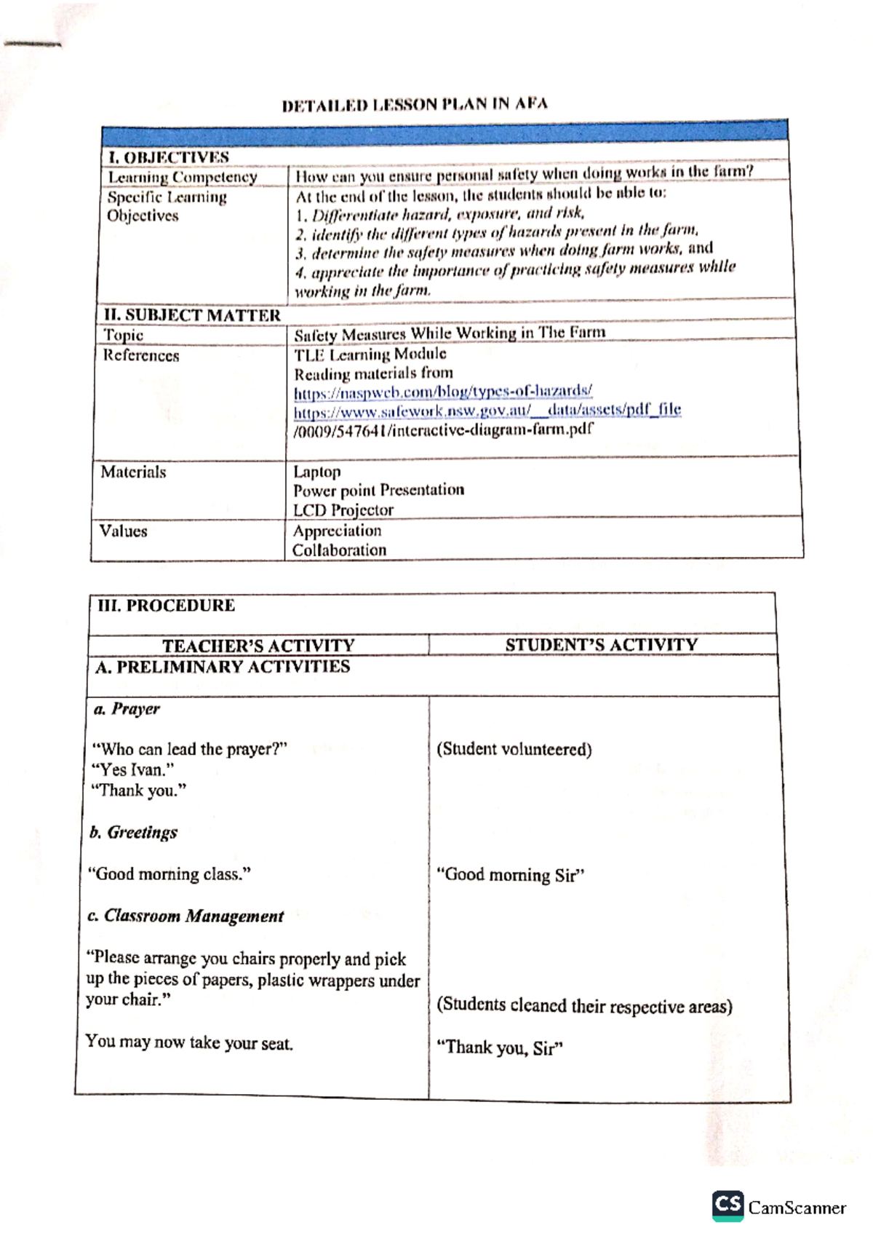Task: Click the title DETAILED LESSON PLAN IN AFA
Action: click(415, 104)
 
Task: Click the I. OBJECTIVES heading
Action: click(168, 157)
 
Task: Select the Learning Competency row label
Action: click(183, 177)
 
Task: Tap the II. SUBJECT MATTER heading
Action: click(192, 315)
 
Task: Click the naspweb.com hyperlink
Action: click(443, 392)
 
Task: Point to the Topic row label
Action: click(124, 335)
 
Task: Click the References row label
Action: click(141, 355)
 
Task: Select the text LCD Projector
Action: click(343, 510)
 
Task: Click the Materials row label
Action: click(133, 472)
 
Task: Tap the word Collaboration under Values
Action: click(339, 550)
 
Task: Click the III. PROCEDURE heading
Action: click(167, 606)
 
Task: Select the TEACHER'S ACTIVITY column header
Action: click(258, 645)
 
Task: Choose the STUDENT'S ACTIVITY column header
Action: click(601, 644)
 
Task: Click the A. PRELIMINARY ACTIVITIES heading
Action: click(223, 667)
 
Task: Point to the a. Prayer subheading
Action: click(127, 708)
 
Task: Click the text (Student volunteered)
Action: click(514, 749)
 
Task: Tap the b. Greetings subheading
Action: click(133, 832)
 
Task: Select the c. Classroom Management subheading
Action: click(186, 916)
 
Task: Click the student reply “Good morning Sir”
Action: click(510, 875)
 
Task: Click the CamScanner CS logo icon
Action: click(727, 1206)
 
